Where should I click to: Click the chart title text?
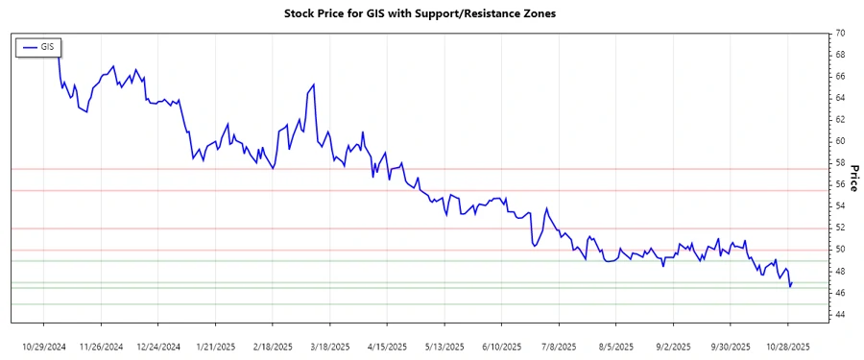(x=420, y=13)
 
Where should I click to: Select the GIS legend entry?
(x=37, y=46)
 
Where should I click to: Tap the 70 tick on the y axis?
(x=839, y=33)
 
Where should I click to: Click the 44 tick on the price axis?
(x=839, y=315)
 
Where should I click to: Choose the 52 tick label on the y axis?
(x=839, y=228)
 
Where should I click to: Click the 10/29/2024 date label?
(x=44, y=346)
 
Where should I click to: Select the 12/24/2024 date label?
(x=158, y=346)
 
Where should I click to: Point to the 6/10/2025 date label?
(x=501, y=346)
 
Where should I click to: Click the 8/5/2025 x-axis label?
(x=615, y=346)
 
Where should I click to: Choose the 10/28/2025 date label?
(x=787, y=346)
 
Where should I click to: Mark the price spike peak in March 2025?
(x=314, y=84)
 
